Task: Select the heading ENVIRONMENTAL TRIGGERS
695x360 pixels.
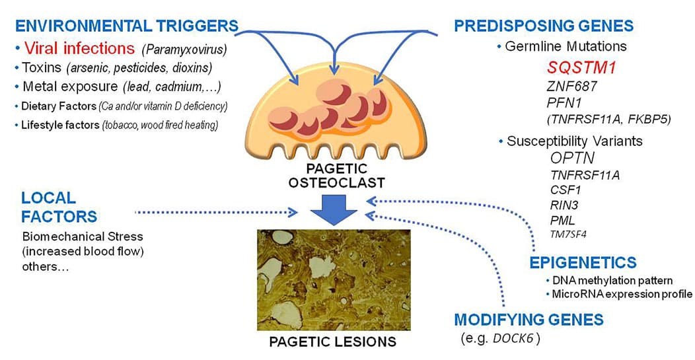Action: pos(126,26)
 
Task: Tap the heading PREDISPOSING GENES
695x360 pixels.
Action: pos(543,26)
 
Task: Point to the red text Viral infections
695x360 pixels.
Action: pos(79,48)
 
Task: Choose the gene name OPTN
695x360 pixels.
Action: pos(572,158)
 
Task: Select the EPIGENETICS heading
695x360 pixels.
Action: pos(583,262)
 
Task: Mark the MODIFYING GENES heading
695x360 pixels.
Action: pos(529,320)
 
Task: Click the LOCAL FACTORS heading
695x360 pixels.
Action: pos(59,207)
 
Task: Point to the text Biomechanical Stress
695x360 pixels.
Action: pos(83,236)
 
